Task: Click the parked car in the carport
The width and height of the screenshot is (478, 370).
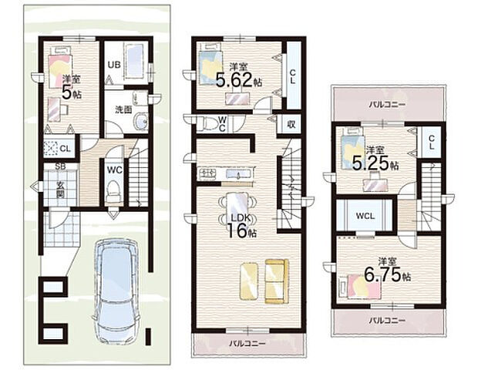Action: pyautogui.click(x=116, y=291)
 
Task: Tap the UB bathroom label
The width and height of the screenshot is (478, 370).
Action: pyautogui.click(x=113, y=65)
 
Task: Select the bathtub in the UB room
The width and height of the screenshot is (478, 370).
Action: pyautogui.click(x=134, y=62)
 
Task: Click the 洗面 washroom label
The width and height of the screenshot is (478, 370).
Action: pyautogui.click(x=123, y=109)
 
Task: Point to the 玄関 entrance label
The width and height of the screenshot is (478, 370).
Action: pyautogui.click(x=60, y=190)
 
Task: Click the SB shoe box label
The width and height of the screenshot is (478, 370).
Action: pyautogui.click(x=60, y=166)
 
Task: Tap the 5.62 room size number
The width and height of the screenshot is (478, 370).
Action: pyautogui.click(x=234, y=80)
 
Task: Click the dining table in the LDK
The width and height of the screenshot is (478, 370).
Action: pyautogui.click(x=237, y=207)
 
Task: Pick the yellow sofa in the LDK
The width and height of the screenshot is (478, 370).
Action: pyautogui.click(x=277, y=281)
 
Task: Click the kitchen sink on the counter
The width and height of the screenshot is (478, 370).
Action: pyautogui.click(x=238, y=174)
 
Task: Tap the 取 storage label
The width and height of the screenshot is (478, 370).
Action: pyautogui.click(x=291, y=124)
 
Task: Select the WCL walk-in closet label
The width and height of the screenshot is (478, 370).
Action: pyautogui.click(x=365, y=216)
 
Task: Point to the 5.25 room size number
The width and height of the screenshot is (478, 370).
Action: pyautogui.click(x=371, y=163)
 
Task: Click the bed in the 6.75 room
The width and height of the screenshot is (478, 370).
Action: pyautogui.click(x=360, y=285)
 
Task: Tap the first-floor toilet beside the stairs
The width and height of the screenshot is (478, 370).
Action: pyautogui.click(x=114, y=190)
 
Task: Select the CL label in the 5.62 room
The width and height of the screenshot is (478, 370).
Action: pyautogui.click(x=292, y=77)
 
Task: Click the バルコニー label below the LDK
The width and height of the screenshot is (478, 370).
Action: pyautogui.click(x=247, y=344)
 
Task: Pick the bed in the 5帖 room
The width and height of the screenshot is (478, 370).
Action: pyautogui.click(x=59, y=67)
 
